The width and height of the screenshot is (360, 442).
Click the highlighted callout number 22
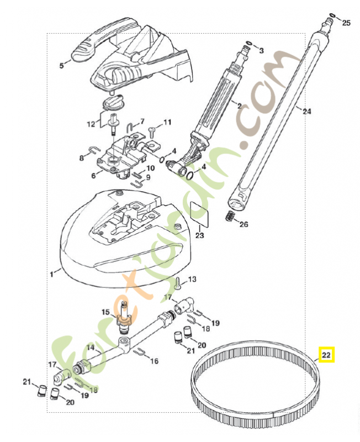[327, 355]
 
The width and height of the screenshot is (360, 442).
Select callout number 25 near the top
[346, 23]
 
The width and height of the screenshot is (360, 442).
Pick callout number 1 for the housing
[51, 272]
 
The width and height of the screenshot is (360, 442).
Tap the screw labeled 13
[177, 284]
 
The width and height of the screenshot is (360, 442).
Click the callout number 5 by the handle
[62, 65]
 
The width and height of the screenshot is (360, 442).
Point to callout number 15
[105, 312]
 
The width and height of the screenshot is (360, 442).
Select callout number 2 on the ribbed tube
[239, 105]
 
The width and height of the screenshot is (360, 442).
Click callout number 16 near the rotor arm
[154, 361]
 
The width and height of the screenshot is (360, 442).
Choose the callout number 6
[93, 175]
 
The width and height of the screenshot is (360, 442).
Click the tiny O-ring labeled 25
[331, 15]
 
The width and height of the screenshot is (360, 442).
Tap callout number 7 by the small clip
[141, 121]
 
